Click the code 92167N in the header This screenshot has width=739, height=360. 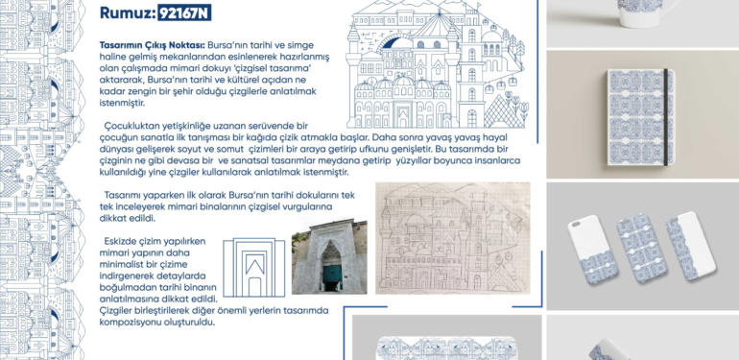pos(185,13)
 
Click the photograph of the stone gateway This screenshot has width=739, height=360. pos(329,257)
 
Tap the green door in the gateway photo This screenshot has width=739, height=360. pos(328,279)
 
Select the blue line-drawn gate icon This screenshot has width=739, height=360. pos(254,266)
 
